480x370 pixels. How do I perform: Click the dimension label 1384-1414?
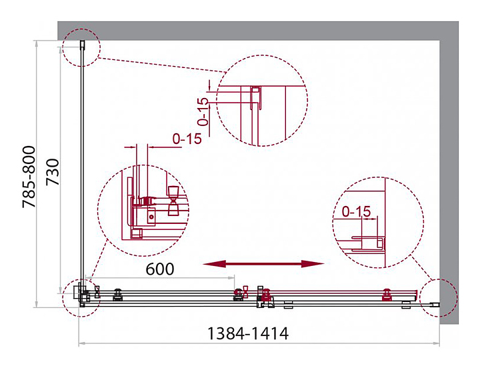click(248, 333)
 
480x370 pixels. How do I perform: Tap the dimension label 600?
click(160, 269)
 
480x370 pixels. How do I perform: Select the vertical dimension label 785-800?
click(29, 177)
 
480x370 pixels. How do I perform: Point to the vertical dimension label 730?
click(53, 172)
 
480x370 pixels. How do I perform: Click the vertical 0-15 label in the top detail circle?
click(203, 112)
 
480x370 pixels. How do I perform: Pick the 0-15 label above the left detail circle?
click(187, 139)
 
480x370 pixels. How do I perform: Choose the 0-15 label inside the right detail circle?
click(356, 211)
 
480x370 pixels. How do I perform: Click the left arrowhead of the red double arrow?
click(214, 264)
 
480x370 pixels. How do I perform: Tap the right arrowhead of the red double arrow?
click(313, 264)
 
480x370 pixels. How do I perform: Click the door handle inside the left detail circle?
click(173, 201)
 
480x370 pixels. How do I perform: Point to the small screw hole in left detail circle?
click(151, 217)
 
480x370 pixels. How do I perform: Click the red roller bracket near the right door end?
click(387, 295)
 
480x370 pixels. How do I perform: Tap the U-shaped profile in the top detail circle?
click(255, 97)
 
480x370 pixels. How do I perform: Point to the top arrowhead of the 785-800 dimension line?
click(37, 43)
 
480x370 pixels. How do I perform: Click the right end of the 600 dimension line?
click(234, 277)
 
